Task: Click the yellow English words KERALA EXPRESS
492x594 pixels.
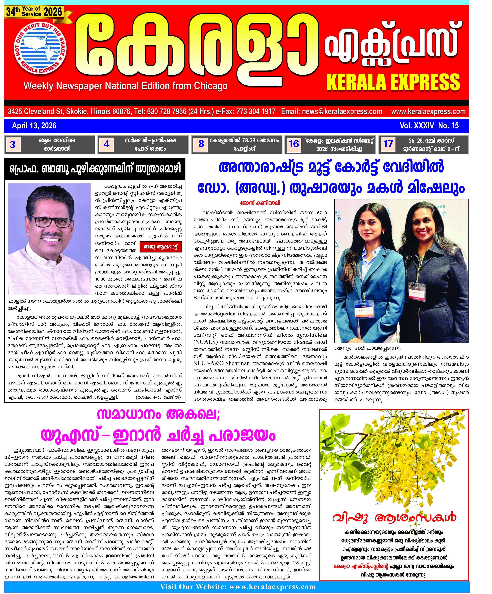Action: (393, 82)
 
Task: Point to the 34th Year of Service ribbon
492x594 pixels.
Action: (34, 12)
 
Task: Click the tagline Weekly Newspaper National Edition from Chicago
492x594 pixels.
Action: (125, 86)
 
